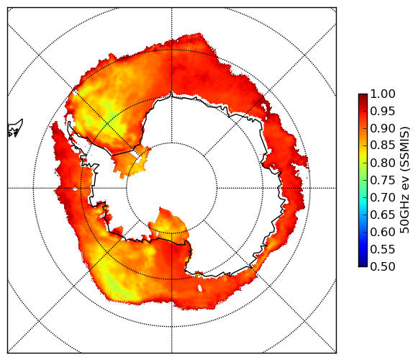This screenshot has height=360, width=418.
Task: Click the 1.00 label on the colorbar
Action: pyautogui.click(x=383, y=94)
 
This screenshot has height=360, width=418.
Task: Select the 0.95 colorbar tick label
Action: pyautogui.click(x=383, y=112)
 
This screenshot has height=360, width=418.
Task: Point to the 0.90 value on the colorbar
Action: pyautogui.click(x=383, y=128)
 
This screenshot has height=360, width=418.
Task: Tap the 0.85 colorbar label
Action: pyautogui.click(x=383, y=145)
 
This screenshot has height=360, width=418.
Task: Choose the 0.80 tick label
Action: pyautogui.click(x=383, y=163)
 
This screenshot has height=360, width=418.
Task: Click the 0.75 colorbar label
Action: pyautogui.click(x=383, y=180)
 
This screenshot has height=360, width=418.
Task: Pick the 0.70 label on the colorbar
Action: pyautogui.click(x=383, y=197)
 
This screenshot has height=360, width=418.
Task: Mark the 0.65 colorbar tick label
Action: pyautogui.click(x=383, y=215)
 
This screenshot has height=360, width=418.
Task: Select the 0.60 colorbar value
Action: pyautogui.click(x=383, y=232)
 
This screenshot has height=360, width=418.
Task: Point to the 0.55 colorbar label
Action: pyautogui.click(x=383, y=249)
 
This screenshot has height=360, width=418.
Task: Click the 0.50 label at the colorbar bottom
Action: pyautogui.click(x=383, y=266)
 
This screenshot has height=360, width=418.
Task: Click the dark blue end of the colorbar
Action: pyautogui.click(x=363, y=264)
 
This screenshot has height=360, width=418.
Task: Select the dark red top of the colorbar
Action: pyautogui.click(x=363, y=96)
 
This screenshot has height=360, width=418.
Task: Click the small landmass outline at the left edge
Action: pyautogui.click(x=15, y=128)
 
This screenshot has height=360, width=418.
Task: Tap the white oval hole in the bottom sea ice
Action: pyautogui.click(x=200, y=288)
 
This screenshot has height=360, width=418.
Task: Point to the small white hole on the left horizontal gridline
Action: pyautogui.click(x=75, y=189)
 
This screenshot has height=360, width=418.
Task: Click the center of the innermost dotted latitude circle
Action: pyautogui.click(x=172, y=188)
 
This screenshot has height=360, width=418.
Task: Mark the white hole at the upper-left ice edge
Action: pyautogui.click(x=75, y=92)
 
